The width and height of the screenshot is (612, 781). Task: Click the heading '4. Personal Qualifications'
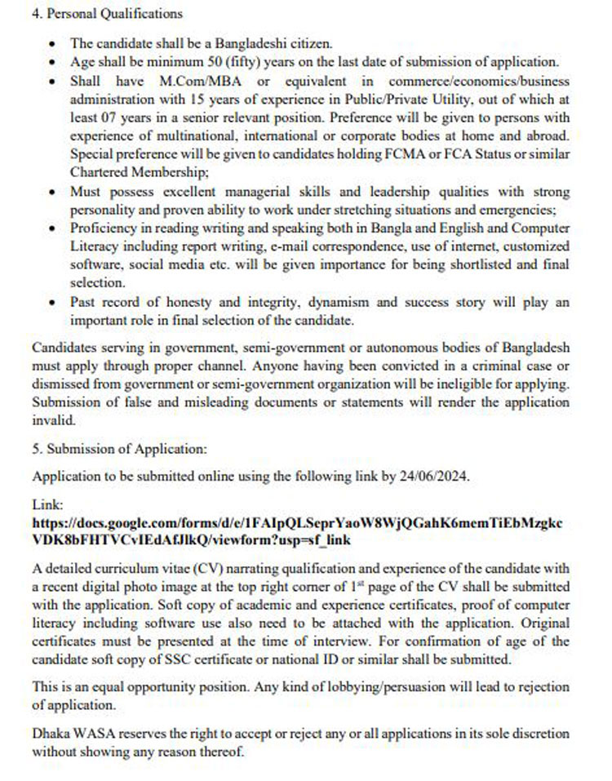tap(107, 14)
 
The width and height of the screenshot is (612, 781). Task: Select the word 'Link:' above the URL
tap(47, 506)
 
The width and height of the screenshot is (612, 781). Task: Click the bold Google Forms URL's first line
tap(296, 522)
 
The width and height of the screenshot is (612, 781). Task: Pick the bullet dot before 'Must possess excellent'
tap(53, 193)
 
